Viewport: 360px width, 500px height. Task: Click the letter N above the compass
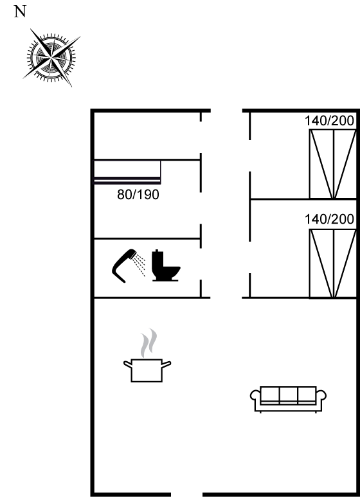20,12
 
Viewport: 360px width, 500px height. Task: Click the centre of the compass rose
51,58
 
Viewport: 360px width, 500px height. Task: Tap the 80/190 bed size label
138,195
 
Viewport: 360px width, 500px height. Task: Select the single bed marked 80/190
127,172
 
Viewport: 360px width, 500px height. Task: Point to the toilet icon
165,265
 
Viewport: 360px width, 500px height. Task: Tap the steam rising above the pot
149,343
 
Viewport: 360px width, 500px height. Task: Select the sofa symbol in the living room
288,400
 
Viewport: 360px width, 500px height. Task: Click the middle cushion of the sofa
289,395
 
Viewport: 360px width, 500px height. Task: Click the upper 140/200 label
329,121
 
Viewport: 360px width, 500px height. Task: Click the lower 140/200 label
329,219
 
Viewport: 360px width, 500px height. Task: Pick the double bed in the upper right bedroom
333,164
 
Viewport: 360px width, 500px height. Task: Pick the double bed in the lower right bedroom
333,263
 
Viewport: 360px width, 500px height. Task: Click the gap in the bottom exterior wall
187,495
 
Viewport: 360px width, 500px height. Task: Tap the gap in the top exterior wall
226,111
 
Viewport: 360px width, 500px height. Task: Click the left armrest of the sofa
255,395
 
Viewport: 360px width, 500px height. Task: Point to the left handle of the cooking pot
127,364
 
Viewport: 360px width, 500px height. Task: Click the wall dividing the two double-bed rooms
303,199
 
